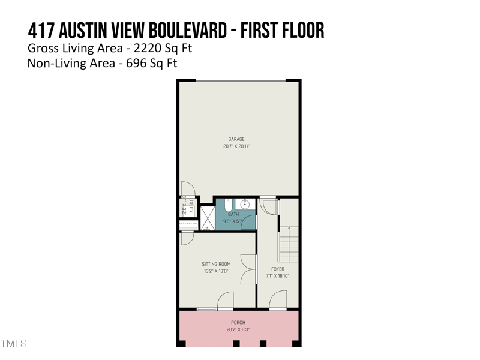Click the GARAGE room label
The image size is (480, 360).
(x=236, y=139)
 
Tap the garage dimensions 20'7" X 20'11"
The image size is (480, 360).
(x=236, y=146)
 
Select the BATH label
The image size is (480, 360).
(x=233, y=214)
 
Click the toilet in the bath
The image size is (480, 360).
(x=228, y=205)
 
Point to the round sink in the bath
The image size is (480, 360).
(x=244, y=204)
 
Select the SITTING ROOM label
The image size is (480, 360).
(x=216, y=264)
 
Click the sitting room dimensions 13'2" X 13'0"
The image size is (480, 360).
(x=216, y=271)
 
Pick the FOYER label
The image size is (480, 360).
(x=278, y=269)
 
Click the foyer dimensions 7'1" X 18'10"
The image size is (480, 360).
(x=278, y=276)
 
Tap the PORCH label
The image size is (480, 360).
(x=238, y=323)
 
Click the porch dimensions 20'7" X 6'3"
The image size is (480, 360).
(x=238, y=330)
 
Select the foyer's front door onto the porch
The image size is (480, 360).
(x=278, y=301)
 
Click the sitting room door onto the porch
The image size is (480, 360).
(x=226, y=301)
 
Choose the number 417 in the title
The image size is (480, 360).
(x=40, y=30)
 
